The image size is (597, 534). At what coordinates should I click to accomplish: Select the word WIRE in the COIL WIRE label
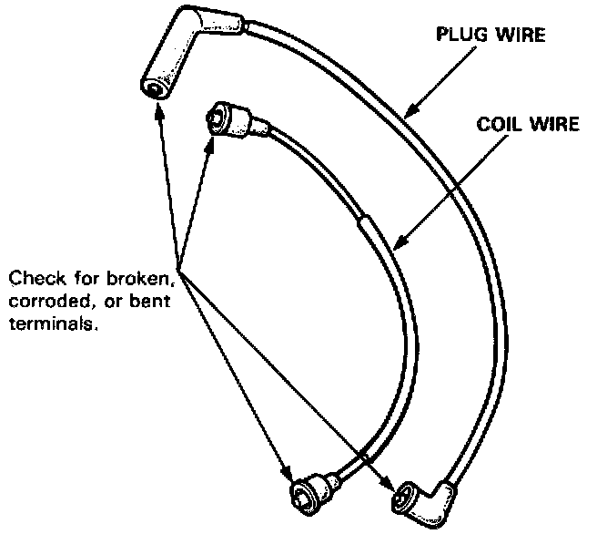(554, 125)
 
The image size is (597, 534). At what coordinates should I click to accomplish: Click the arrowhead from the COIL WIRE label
(399, 242)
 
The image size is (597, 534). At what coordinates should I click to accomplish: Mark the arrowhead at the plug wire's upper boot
(158, 110)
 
